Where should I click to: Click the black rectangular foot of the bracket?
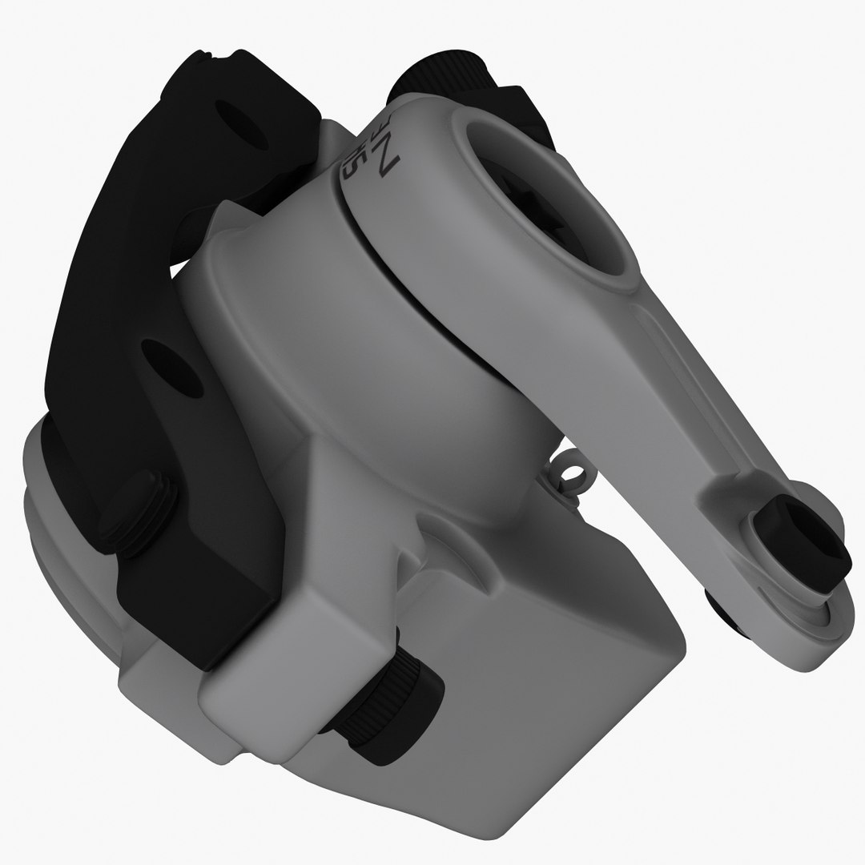click(200, 609)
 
